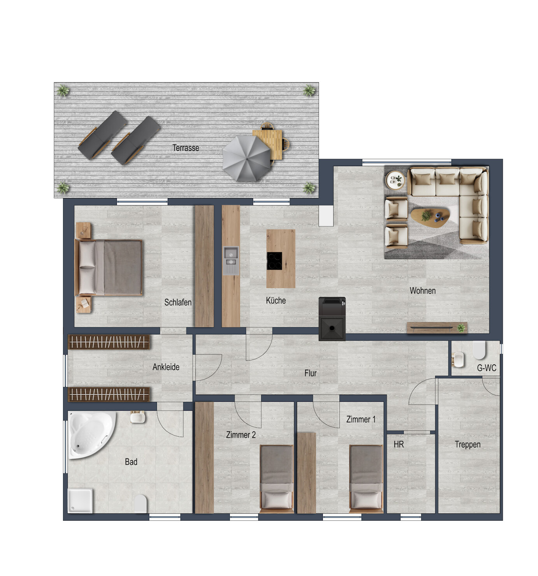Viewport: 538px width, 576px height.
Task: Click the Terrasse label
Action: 186,148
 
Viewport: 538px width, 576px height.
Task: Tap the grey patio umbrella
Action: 246,159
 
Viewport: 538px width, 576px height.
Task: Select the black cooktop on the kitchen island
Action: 274,261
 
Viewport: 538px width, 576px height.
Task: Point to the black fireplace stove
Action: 332,318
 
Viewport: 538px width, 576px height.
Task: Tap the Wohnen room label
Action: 422,291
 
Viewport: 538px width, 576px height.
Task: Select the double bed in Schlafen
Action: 109,267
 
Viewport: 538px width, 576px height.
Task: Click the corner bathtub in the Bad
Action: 91,434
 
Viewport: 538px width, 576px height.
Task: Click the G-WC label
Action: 486,368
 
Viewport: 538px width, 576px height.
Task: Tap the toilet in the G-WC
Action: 479,350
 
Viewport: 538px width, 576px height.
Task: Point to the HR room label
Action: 399,444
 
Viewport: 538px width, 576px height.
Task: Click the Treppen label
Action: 468,444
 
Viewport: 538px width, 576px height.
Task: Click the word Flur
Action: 310,373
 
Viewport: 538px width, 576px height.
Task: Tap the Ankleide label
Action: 166,367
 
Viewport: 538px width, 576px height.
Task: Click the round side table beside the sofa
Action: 395,180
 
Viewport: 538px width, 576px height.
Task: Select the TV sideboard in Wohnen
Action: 437,328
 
